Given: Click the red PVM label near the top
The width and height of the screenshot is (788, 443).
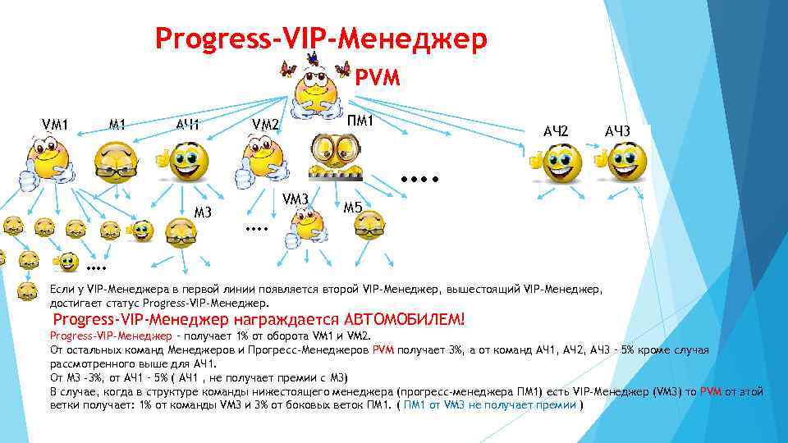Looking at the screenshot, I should tap(377, 78).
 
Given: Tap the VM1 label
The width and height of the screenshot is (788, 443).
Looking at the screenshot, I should tap(54, 125).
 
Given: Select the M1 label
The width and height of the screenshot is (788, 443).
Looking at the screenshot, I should tap(117, 125).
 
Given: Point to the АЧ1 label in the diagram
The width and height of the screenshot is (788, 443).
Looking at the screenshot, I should tap(188, 126).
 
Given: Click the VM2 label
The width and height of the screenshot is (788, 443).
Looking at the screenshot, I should tap(266, 126).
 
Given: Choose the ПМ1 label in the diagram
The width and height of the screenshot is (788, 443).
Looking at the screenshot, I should tap(360, 121).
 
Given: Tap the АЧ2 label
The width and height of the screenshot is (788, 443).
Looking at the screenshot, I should tap(556, 130).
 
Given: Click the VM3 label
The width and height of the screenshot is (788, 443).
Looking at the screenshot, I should tap(295, 199).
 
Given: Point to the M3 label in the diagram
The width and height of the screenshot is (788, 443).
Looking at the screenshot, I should tap(204, 214).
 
